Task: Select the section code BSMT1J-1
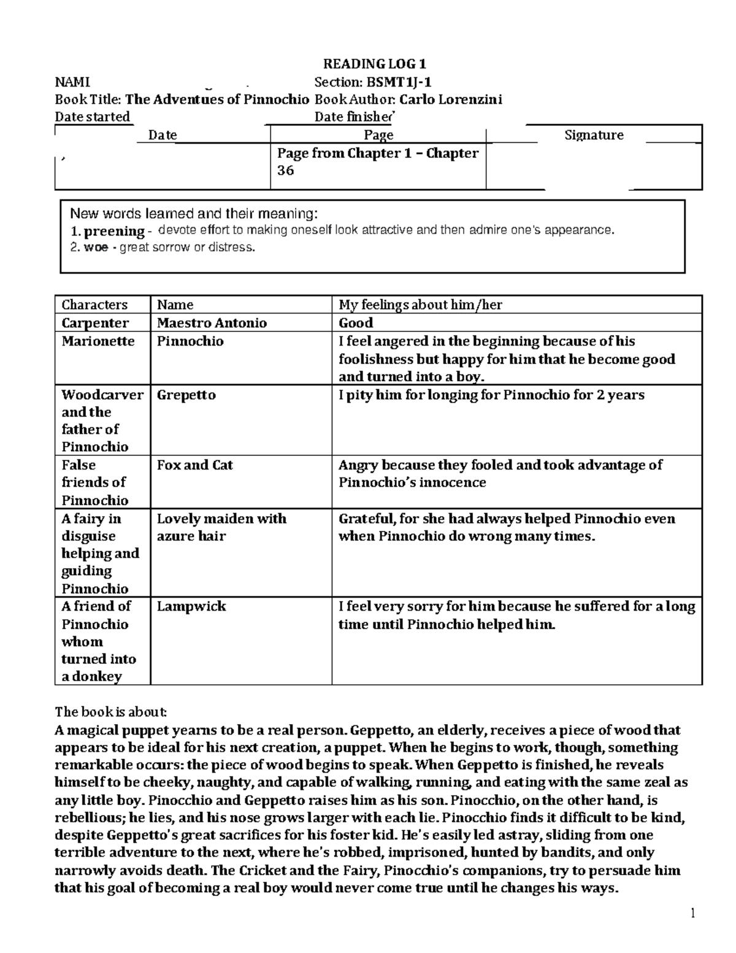coord(396,82)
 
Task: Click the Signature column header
coord(593,135)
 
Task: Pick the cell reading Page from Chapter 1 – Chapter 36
coord(377,162)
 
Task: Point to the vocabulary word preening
coord(113,231)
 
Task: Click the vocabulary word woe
coord(96,248)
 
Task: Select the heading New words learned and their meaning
coord(194,214)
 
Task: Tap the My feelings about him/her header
coord(420,305)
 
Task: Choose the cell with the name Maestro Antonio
coord(212,323)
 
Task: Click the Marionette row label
coord(98,341)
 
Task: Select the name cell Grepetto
coord(186,395)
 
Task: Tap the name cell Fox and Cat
coord(194,465)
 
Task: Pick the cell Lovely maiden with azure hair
coord(221,527)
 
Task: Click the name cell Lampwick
coord(191,606)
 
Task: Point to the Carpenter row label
coord(95,323)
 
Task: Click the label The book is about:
coord(110,712)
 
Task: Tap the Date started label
coord(93,117)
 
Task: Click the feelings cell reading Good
coord(356,323)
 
